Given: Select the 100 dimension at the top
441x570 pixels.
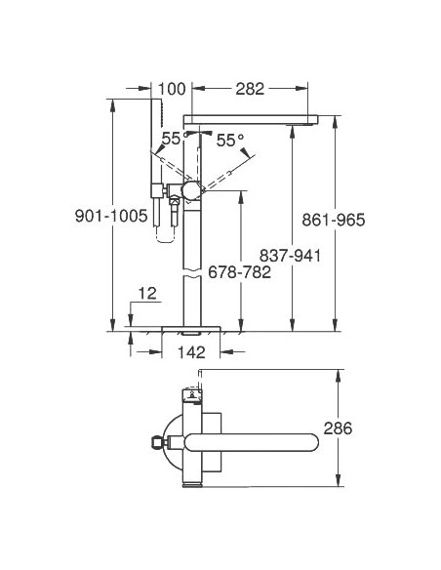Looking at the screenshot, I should point(171,90).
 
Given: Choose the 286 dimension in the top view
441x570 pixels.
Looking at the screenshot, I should point(363,427).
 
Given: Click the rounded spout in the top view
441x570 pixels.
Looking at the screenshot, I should point(263,441).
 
